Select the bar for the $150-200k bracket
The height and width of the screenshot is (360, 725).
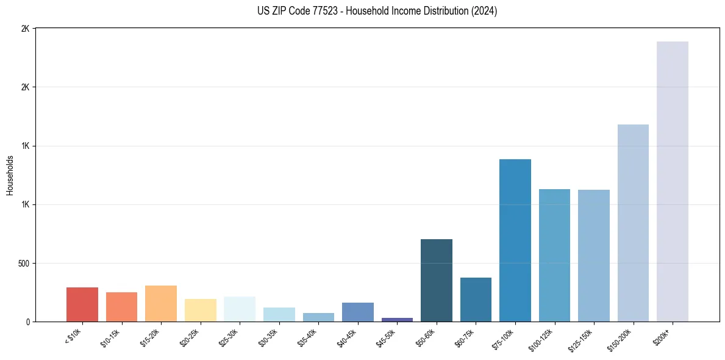tap(633, 223)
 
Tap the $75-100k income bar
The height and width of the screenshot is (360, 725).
tap(515, 240)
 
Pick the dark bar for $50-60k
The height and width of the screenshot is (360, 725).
tap(436, 280)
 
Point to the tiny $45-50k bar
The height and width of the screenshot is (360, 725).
tap(397, 319)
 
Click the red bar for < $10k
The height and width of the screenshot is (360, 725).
tap(82, 304)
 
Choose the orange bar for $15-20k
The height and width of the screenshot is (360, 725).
tap(161, 303)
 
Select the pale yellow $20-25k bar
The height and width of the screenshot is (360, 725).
tap(200, 310)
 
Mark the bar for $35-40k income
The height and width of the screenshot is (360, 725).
tap(318, 317)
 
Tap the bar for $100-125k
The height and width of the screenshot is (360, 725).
tap(554, 255)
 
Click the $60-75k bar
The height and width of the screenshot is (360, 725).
tap(476, 300)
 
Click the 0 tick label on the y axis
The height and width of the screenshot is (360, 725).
tap(27, 322)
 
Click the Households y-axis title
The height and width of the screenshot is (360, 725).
tap(10, 175)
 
